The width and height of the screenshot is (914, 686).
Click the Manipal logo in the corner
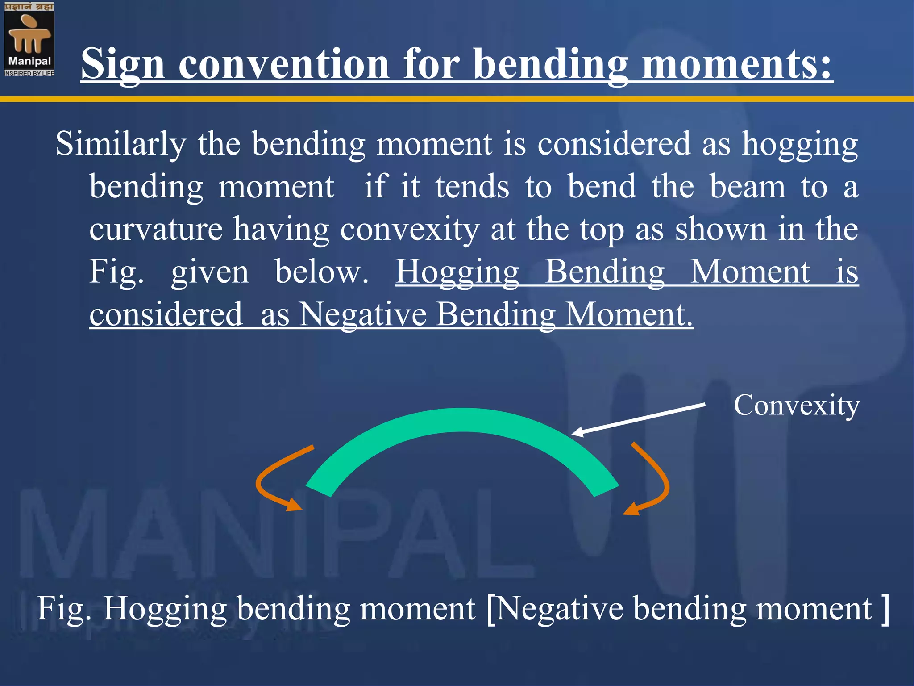pyautogui.click(x=29, y=39)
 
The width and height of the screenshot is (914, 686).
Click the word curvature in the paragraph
pyautogui.click(x=156, y=229)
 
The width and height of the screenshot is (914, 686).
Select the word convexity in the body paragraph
pyautogui.click(x=410, y=229)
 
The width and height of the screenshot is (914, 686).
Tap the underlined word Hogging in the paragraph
pyautogui.click(x=457, y=272)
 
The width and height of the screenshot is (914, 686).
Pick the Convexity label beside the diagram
pyautogui.click(x=797, y=405)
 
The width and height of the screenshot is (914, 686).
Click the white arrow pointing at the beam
pyautogui.click(x=638, y=418)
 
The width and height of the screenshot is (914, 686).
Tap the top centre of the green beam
pyautogui.click(x=462, y=420)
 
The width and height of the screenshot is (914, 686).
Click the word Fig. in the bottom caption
pyautogui.click(x=63, y=608)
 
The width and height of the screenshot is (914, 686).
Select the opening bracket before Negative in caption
pyautogui.click(x=491, y=609)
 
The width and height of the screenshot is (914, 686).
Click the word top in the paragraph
pyautogui.click(x=601, y=229)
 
